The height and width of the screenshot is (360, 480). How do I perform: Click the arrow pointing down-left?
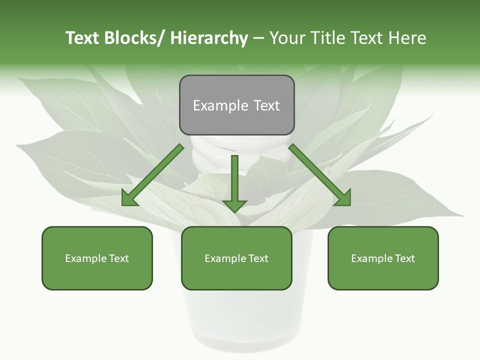152,175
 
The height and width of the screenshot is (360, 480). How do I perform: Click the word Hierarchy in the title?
209,38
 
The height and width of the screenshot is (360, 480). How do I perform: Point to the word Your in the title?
286,38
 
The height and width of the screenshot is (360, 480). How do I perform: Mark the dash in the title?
258,38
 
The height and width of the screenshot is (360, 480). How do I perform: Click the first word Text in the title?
82,38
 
